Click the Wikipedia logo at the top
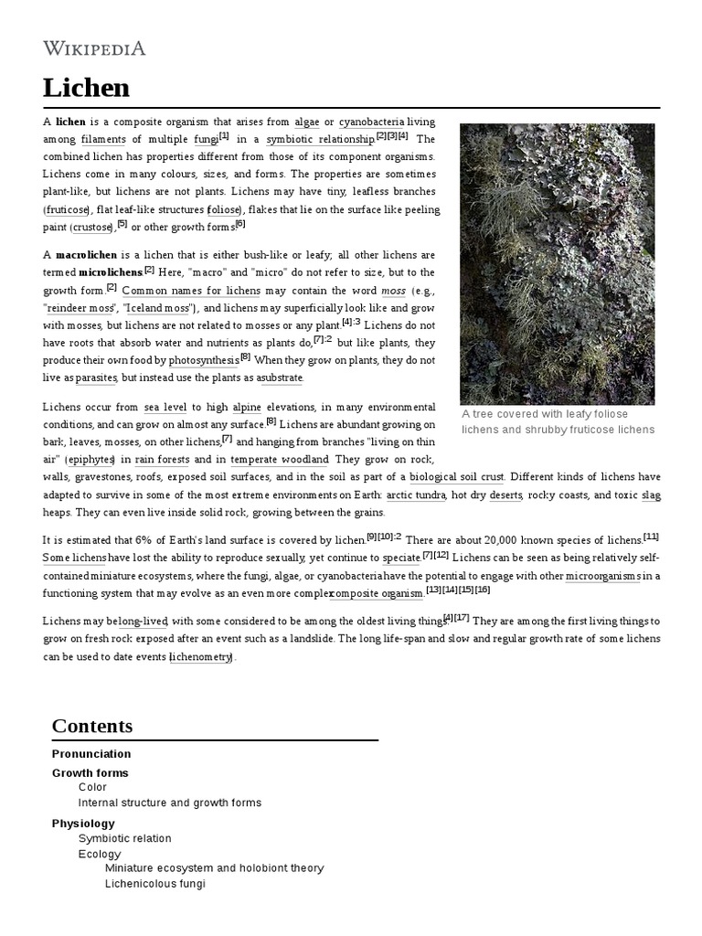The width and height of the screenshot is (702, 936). click(x=94, y=48)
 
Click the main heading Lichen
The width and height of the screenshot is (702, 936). click(x=86, y=88)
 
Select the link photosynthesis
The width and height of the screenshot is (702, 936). click(x=204, y=360)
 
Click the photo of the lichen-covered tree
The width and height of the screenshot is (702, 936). click(x=557, y=264)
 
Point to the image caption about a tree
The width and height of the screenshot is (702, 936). click(x=558, y=421)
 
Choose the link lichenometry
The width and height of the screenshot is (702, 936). click(x=202, y=657)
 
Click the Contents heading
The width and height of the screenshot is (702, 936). click(x=92, y=726)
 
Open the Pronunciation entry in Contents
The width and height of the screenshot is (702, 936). click(x=91, y=754)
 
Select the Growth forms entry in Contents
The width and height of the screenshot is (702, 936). click(x=90, y=773)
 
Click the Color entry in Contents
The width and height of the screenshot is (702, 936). click(x=92, y=787)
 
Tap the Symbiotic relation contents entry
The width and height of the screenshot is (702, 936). click(x=124, y=838)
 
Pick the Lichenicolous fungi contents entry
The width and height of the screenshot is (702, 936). click(x=155, y=884)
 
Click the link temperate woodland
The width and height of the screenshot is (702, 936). click(x=280, y=459)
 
